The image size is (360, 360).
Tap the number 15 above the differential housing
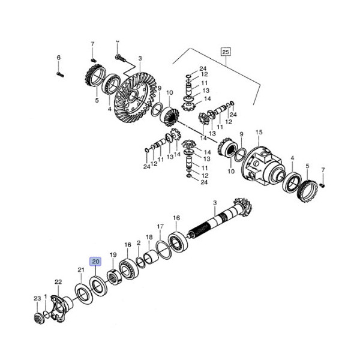click(259, 132)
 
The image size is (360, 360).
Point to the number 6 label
click(59, 58)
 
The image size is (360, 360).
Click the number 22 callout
click(58, 282)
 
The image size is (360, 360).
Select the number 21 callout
click(81, 271)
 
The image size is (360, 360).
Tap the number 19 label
click(113, 255)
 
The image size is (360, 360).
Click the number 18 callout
click(149, 237)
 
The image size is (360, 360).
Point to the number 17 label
click(160, 227)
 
